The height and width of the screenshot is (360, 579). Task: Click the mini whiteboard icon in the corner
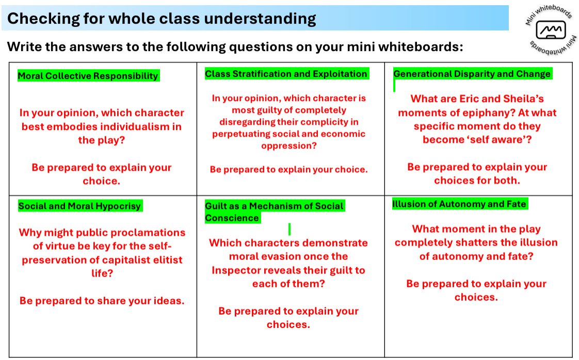[551, 30]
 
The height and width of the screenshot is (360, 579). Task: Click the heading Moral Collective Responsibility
[88, 76]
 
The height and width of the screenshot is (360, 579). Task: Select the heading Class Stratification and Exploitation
[286, 74]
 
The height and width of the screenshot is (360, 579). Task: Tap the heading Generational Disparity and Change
[472, 74]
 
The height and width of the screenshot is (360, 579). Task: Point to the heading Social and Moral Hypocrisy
[80, 206]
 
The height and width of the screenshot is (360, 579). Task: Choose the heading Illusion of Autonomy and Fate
[459, 204]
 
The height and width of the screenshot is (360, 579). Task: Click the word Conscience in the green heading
[232, 218]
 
